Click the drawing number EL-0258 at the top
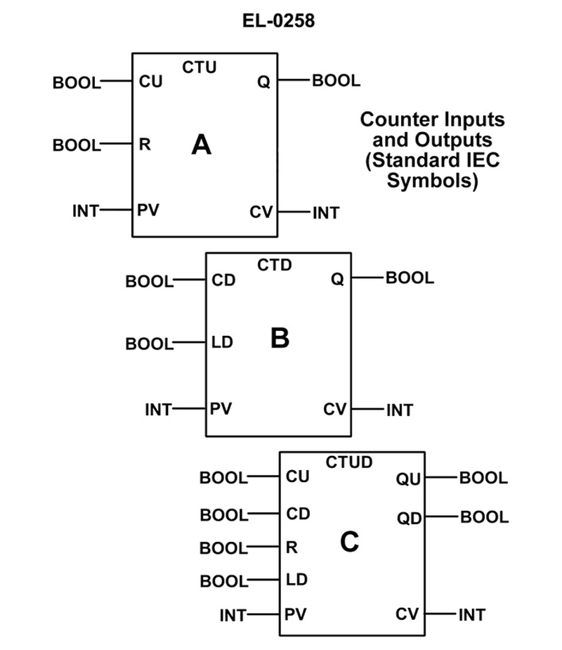(279, 21)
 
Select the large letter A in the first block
(201, 145)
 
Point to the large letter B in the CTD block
(280, 339)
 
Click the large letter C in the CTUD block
(349, 542)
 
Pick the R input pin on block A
(145, 145)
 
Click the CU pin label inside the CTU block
(150, 82)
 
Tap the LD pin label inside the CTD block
(222, 344)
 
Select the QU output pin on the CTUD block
(408, 479)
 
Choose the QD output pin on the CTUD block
(408, 519)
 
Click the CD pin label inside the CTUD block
(298, 514)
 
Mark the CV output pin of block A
(261, 212)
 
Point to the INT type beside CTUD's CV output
(471, 616)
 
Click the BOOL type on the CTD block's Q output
(410, 278)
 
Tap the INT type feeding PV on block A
(86, 209)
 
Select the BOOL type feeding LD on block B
(149, 344)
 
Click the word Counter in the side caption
(394, 119)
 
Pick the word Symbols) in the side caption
(433, 181)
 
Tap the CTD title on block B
(274, 266)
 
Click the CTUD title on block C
(349, 462)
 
